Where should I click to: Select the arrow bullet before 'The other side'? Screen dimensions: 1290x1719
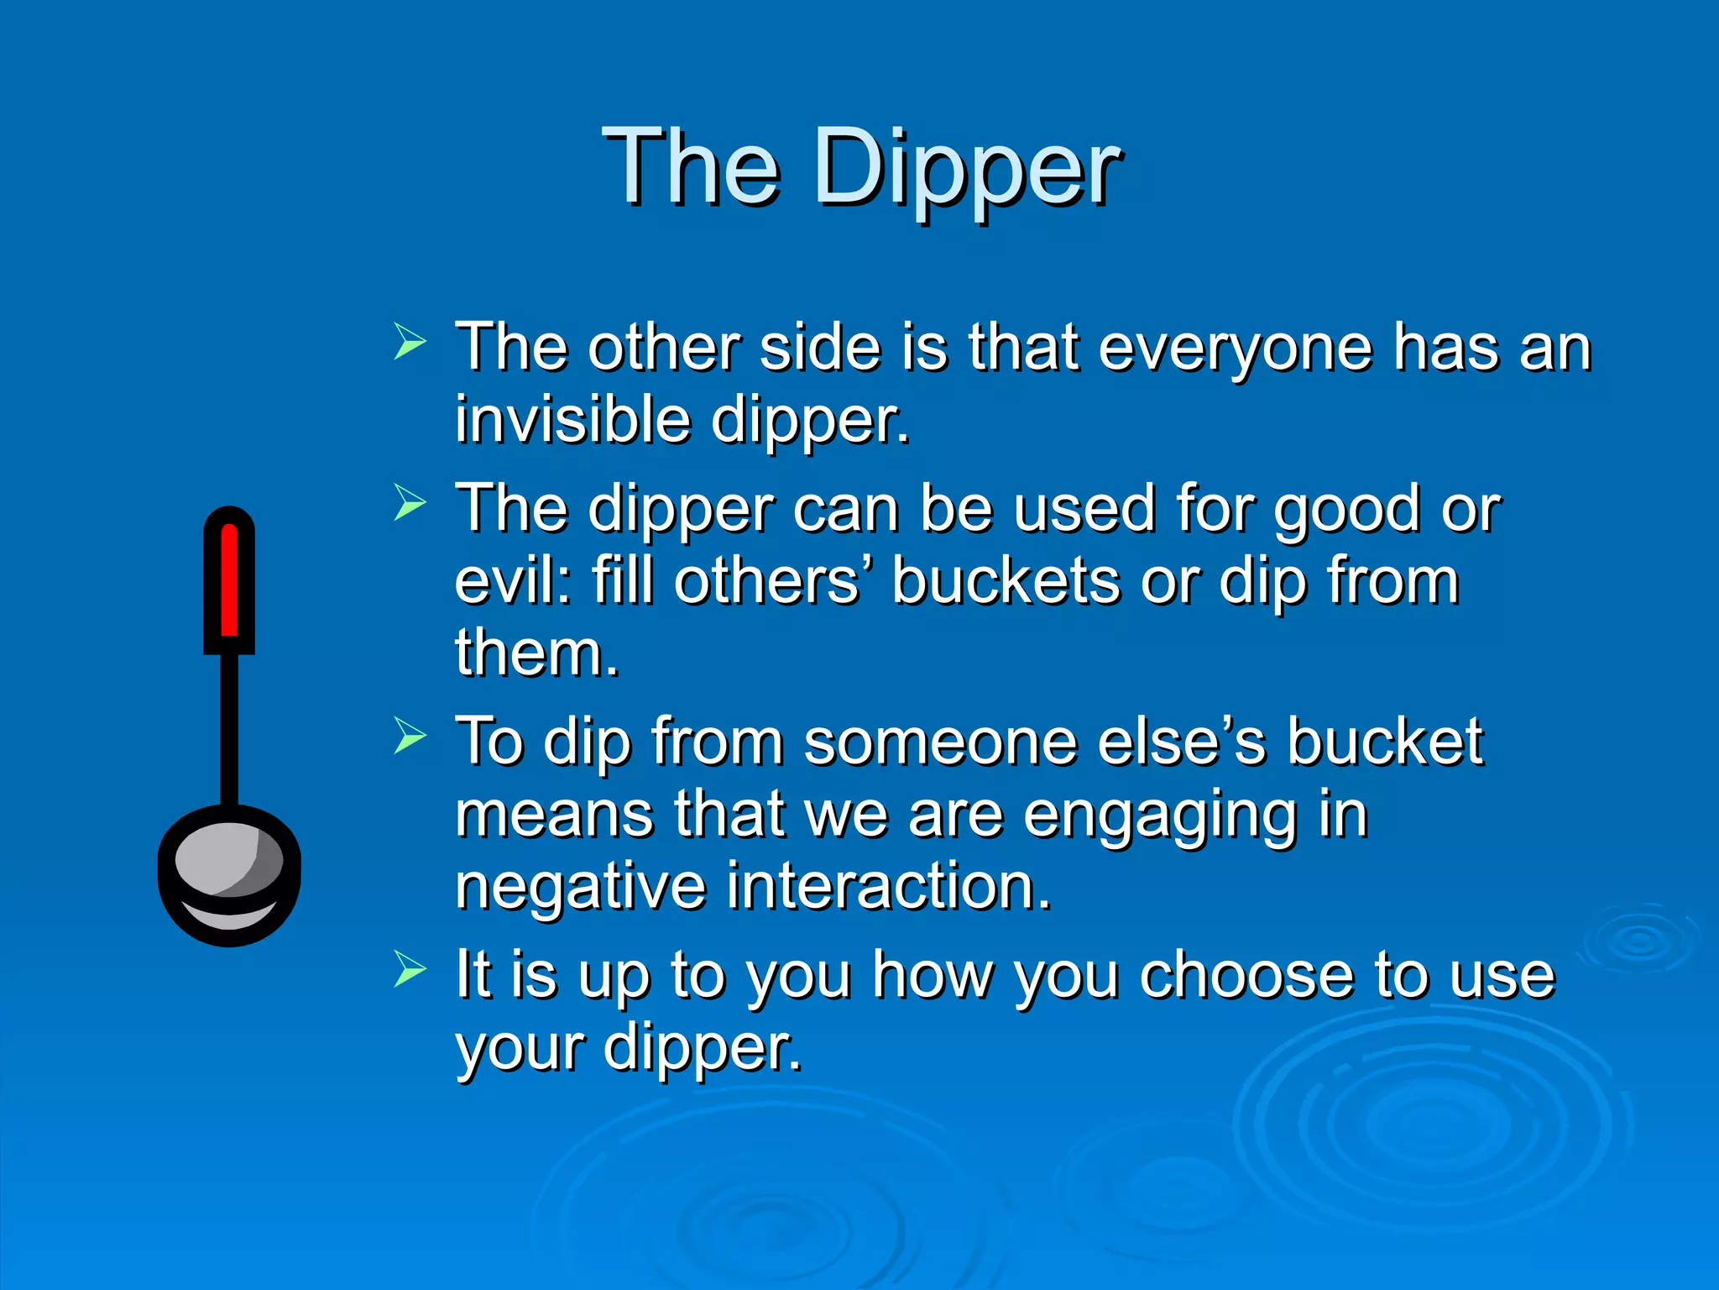[410, 343]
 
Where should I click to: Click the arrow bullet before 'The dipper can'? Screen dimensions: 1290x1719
[410, 503]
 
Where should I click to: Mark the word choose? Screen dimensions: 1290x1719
[1246, 976]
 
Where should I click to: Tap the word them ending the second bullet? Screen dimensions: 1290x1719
[536, 653]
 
